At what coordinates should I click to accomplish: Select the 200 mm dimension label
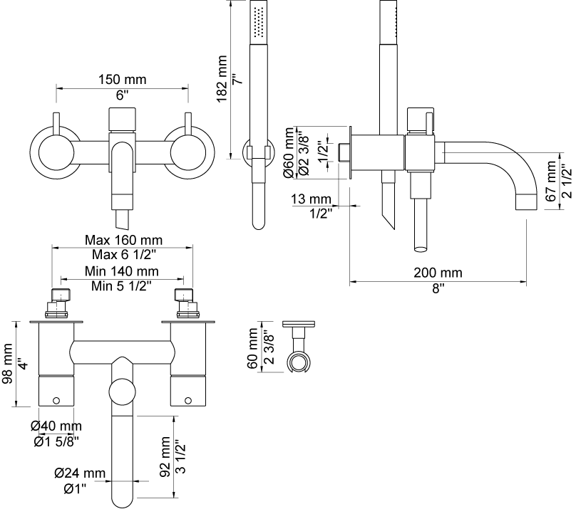tap(438, 273)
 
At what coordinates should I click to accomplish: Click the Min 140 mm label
tap(122, 271)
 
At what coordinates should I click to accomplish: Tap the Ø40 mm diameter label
tap(56, 426)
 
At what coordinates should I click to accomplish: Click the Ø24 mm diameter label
tap(80, 472)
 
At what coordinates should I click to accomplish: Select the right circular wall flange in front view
tap(188, 151)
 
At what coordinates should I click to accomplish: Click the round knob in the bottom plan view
tap(123, 393)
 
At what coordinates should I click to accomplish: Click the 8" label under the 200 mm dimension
tap(438, 288)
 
